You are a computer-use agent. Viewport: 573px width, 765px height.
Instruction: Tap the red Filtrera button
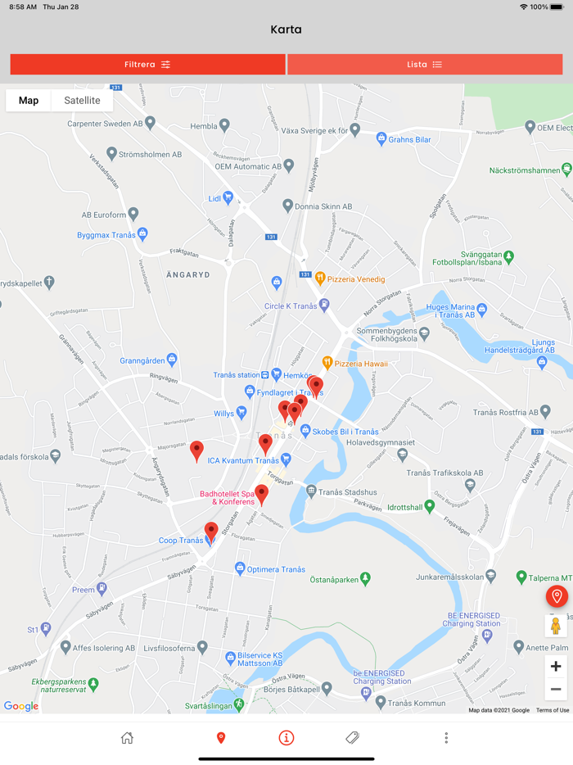[147, 65]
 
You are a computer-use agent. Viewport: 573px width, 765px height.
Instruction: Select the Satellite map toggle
[82, 101]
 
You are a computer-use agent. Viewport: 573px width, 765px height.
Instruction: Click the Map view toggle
[29, 101]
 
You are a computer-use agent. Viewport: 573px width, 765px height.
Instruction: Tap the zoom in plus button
[556, 666]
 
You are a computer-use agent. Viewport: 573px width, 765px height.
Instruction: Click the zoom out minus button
[556, 689]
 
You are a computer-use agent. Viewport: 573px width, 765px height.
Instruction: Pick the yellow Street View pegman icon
[556, 626]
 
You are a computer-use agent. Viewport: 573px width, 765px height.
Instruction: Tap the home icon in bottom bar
[127, 738]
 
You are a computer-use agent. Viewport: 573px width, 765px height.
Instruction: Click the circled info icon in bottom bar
[286, 738]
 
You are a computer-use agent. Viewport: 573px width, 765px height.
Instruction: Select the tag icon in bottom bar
[352, 738]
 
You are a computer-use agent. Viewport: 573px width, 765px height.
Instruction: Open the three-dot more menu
[446, 738]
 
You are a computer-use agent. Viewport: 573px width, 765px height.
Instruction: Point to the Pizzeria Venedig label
[356, 278]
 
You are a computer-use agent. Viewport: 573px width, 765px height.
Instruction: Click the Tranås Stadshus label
[348, 492]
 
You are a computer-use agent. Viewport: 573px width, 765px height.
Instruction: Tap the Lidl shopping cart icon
[228, 197]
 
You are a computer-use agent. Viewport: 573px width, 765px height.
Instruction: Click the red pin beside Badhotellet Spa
[261, 493]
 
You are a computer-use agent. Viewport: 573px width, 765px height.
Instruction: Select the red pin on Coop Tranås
[211, 531]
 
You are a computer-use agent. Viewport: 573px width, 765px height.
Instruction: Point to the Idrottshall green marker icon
[430, 507]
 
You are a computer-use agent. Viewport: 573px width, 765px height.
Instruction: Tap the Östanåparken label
[334, 580]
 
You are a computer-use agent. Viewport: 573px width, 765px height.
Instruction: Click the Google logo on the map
[20, 706]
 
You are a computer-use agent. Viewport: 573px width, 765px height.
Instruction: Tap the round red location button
[556, 596]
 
